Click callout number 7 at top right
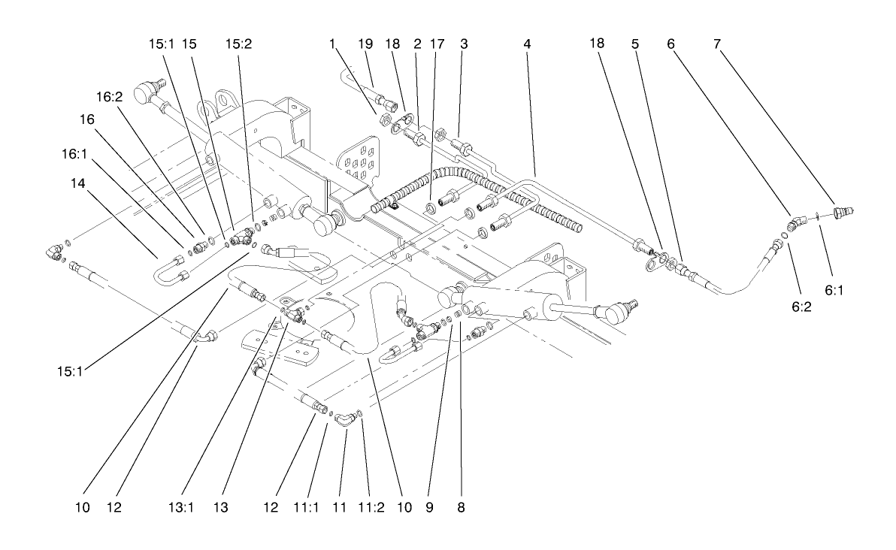[x=718, y=44]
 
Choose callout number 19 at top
[x=365, y=44]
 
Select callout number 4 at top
[x=528, y=44]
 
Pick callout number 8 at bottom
[x=461, y=509]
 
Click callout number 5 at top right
[x=635, y=44]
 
